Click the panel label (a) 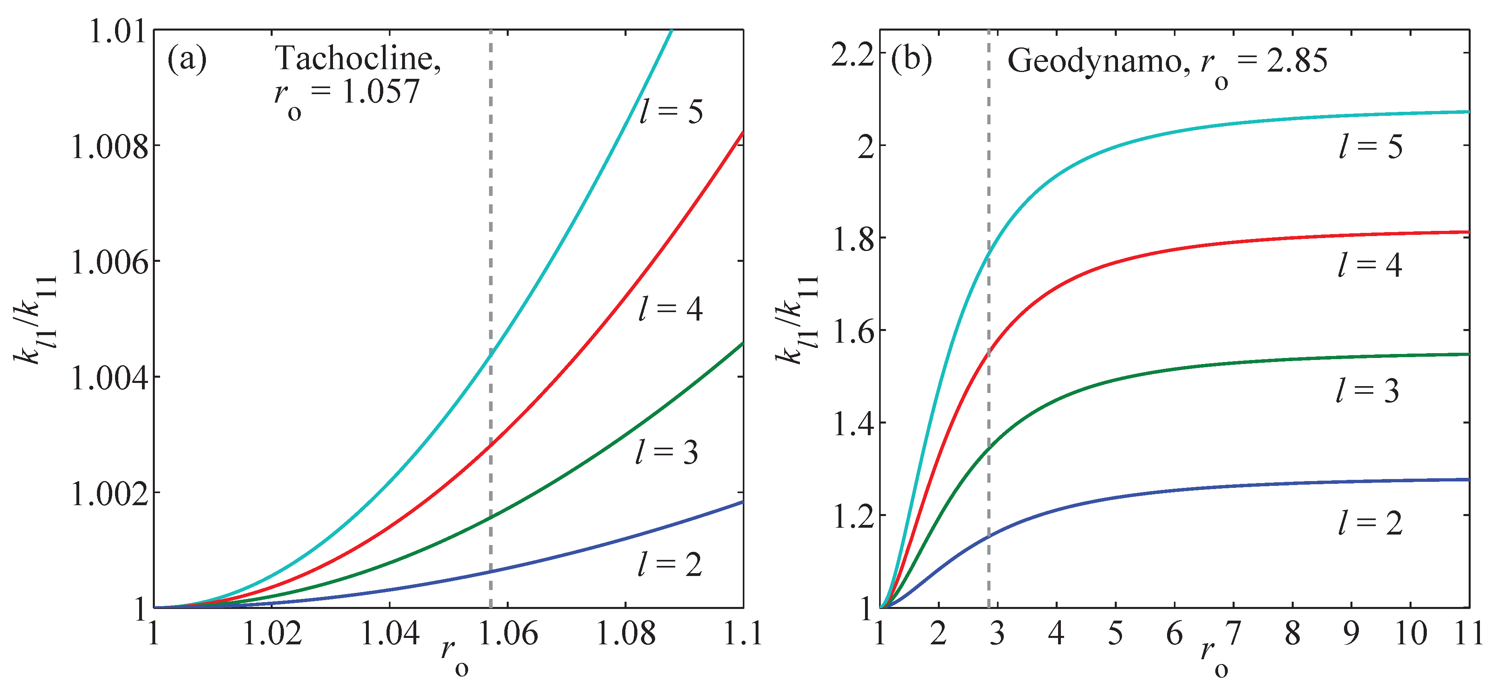click(187, 59)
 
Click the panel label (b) click(911, 59)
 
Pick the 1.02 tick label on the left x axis click(272, 633)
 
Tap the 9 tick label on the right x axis click(1351, 633)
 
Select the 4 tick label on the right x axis click(1056, 633)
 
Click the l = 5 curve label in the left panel click(671, 111)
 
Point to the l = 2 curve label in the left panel click(670, 564)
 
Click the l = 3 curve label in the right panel click(1368, 391)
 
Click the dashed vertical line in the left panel click(491, 232)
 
